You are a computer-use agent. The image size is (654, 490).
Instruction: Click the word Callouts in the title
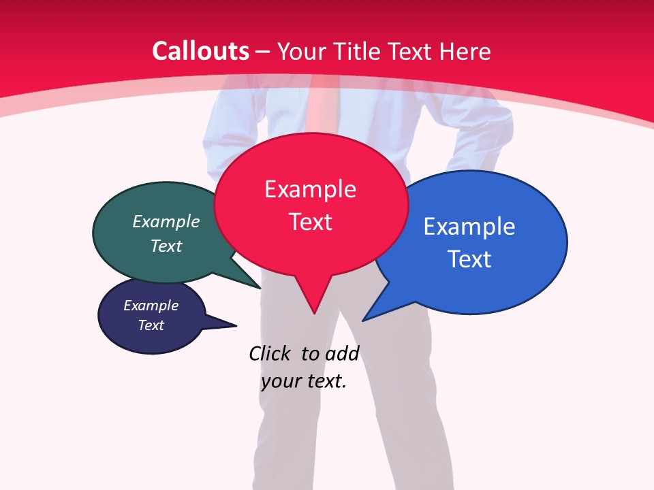pyautogui.click(x=200, y=51)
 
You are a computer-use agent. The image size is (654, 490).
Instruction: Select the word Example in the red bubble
pyautogui.click(x=310, y=189)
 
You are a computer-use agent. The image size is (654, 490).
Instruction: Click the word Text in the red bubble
pyautogui.click(x=310, y=222)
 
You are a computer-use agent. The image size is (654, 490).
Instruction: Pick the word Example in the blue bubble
pyautogui.click(x=469, y=227)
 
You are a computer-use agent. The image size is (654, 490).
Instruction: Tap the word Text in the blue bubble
pyautogui.click(x=469, y=259)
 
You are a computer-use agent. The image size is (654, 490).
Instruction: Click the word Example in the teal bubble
pyautogui.click(x=166, y=221)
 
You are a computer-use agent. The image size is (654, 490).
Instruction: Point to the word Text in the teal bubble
pyautogui.click(x=166, y=246)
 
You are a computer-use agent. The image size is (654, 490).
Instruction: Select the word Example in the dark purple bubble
pyautogui.click(x=151, y=306)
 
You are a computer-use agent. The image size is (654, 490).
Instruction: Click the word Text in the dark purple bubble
pyautogui.click(x=151, y=325)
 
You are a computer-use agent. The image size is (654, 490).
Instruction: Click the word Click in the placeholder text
pyautogui.click(x=270, y=353)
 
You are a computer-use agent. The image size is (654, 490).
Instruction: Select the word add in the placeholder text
pyautogui.click(x=342, y=353)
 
